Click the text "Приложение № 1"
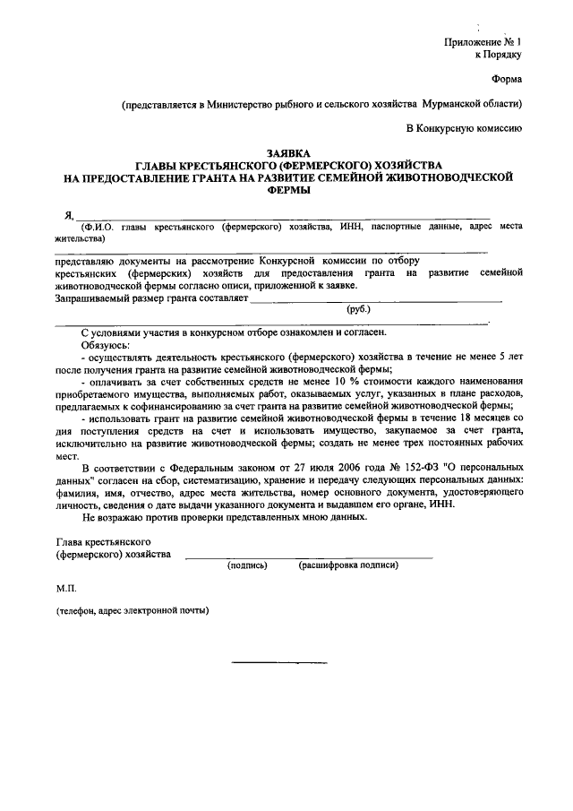pyautogui.click(x=482, y=42)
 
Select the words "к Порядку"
pyautogui.click(x=497, y=55)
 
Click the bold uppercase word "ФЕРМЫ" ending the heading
pyautogui.click(x=286, y=190)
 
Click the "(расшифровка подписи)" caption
pyautogui.click(x=348, y=565)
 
